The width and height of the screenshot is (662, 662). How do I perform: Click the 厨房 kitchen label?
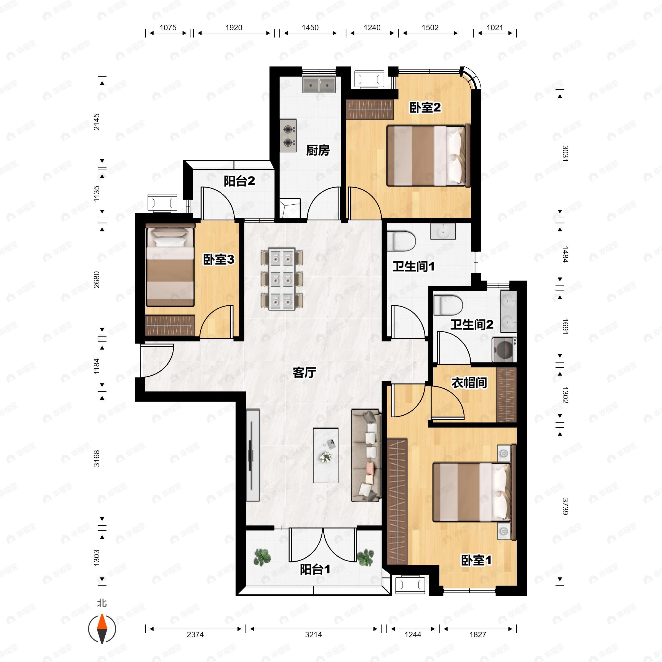coord(318,150)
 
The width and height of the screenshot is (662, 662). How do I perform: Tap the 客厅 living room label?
coord(304,372)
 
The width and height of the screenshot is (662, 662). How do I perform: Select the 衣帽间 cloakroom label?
coord(469,383)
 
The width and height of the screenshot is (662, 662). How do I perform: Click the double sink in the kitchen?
coord(319,84)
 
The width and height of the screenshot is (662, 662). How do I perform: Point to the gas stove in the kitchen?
coord(288,136)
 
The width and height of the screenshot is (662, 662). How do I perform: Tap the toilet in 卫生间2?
coord(448,305)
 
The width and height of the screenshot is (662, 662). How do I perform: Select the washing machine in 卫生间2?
coord(504,349)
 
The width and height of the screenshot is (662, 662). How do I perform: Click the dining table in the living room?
coord(282,279)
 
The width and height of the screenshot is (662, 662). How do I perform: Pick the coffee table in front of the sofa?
coord(325,455)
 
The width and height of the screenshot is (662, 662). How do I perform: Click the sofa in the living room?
coord(366,455)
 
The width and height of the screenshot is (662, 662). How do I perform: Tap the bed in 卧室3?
coord(170,265)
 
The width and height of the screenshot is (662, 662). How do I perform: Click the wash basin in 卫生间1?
coord(443,231)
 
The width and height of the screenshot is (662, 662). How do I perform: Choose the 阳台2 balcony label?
coord(239,181)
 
